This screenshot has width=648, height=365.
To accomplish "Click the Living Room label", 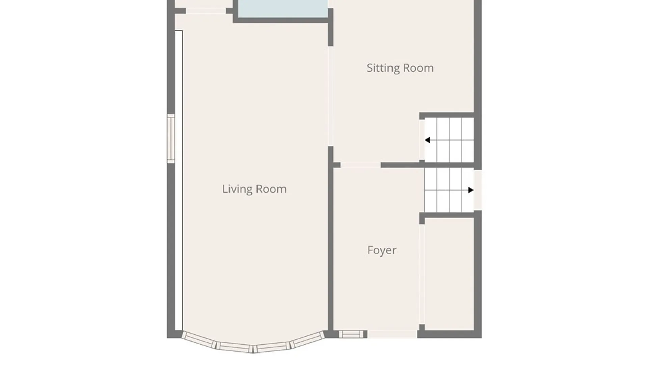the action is (254, 189).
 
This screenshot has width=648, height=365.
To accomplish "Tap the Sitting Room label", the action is (400, 68).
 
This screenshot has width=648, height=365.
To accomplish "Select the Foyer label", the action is (382, 250).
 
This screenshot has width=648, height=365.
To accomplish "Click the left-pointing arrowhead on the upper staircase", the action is (427, 140).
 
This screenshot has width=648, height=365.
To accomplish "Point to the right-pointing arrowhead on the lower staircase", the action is (471, 190).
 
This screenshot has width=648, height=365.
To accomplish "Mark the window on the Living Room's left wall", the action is (171, 139).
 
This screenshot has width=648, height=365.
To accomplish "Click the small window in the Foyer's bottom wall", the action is (351, 334).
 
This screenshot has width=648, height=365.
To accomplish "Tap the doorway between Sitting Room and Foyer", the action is (360, 165).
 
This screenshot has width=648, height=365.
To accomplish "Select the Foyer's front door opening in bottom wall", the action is (392, 334).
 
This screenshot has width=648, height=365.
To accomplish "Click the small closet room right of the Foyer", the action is (449, 274).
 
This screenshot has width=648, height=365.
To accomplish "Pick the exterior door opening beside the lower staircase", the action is (478, 190).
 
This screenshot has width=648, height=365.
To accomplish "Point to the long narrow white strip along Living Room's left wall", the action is (179, 180).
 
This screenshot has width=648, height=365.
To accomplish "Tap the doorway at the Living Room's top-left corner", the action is (206, 11).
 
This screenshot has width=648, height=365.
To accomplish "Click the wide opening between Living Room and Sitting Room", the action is (331, 96).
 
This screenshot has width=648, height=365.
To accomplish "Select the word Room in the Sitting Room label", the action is (418, 68).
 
